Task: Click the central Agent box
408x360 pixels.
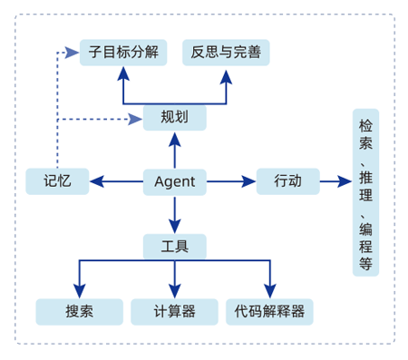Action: [175, 182]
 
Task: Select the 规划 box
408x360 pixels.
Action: [175, 117]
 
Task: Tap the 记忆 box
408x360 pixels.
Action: [56, 182]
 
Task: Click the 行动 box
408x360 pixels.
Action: [287, 181]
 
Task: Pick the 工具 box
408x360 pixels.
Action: [175, 247]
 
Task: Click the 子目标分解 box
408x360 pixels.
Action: [123, 52]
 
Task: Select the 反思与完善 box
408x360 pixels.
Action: [226, 52]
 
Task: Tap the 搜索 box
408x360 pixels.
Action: [79, 312]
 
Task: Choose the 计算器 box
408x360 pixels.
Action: [175, 312]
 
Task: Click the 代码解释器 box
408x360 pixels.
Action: [270, 312]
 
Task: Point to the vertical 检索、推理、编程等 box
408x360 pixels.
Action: [365, 193]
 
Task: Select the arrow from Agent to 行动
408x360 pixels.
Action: [231, 182]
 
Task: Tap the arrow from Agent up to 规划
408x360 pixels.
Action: [175, 150]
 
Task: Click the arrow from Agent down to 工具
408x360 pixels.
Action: [175, 215]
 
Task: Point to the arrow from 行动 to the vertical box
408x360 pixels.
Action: [335, 182]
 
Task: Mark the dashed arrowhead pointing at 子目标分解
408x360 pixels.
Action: [73, 52]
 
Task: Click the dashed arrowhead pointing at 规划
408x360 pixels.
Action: [136, 119]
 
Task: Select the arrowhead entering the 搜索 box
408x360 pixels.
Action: [80, 291]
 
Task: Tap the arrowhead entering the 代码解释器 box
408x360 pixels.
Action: [270, 291]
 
